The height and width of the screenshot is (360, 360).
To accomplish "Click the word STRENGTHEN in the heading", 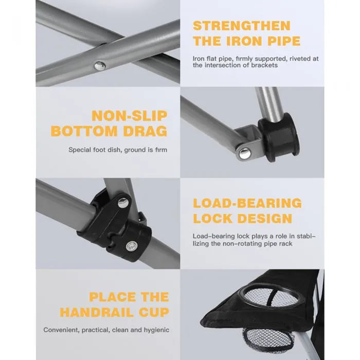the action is tap(242, 26).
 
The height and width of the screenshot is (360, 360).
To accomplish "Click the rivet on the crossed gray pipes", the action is tap(100, 66).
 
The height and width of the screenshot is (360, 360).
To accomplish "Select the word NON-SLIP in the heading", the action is tap(130, 116).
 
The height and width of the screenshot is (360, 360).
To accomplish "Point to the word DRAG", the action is tap(145, 131).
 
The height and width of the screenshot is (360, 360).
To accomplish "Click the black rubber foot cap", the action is tap(279, 137).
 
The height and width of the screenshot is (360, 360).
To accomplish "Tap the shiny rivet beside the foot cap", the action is tap(245, 153).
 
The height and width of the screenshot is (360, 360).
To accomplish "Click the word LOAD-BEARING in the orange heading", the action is tap(247, 203).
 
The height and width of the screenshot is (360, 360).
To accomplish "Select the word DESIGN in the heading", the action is tap(265, 219).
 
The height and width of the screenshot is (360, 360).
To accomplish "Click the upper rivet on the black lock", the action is tap(123, 203).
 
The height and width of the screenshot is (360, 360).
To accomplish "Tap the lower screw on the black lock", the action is tap(132, 246).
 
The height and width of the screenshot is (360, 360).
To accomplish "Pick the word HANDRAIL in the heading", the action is tap(97, 313).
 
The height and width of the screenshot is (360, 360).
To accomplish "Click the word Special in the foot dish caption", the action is tap(80, 150).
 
